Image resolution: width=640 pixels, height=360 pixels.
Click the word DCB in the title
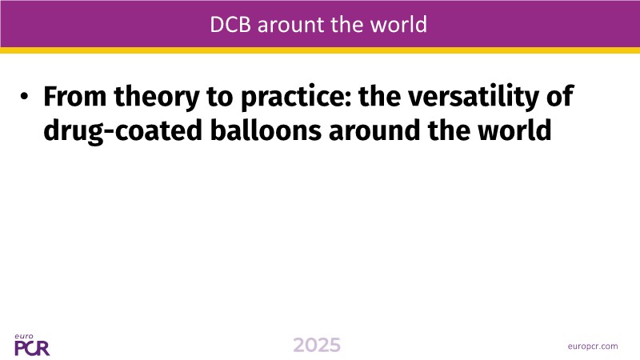231,25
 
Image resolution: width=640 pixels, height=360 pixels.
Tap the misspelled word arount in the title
291,25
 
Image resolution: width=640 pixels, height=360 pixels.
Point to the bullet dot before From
24,97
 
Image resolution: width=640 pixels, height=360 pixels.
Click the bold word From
75,96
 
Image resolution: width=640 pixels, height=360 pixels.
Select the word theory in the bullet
157,98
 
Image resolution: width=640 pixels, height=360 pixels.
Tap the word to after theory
219,97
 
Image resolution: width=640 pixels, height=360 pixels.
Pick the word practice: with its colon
296,98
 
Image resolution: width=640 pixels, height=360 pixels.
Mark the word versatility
474,98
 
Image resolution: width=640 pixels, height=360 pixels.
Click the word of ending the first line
560,96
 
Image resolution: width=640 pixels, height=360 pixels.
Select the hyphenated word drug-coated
123,132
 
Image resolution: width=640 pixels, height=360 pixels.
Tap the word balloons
266,130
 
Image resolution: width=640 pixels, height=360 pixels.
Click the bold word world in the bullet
514,130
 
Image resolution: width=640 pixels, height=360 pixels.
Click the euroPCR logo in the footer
32,345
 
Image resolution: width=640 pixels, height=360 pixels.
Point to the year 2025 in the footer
317,346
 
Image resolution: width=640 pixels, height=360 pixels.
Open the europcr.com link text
593,346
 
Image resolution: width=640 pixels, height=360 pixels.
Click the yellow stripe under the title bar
320,50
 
